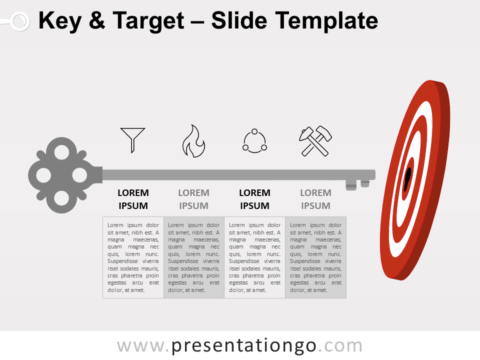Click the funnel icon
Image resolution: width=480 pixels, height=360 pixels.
[132, 139]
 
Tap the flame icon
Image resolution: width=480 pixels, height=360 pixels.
[193, 141]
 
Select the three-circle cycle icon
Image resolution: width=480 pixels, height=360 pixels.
[254, 140]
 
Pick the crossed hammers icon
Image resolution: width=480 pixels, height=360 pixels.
[316, 140]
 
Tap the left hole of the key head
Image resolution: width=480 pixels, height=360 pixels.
[43, 175]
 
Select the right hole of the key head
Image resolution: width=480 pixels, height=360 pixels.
[79, 175]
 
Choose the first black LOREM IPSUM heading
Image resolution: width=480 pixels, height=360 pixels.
[133, 199]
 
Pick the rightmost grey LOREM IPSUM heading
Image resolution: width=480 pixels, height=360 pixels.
[315, 199]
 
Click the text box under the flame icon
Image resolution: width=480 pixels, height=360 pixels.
[194, 257]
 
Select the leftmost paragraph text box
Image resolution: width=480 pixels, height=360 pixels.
[133, 257]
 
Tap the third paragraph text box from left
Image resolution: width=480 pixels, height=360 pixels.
[255, 257]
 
